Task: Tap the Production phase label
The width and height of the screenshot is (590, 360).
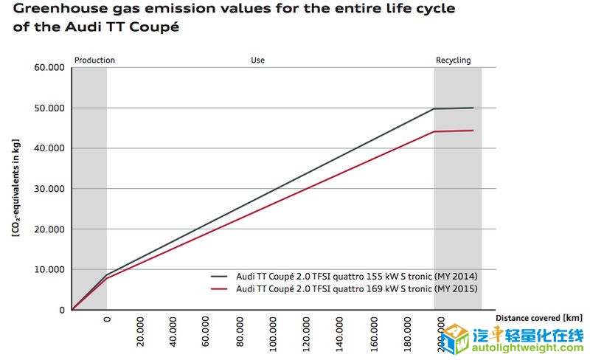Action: (94, 60)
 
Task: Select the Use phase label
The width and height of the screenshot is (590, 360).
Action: (257, 60)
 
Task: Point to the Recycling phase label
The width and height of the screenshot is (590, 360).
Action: (453, 60)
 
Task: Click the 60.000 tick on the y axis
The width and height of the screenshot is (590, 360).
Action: (50, 68)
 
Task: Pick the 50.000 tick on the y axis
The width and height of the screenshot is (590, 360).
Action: (50, 108)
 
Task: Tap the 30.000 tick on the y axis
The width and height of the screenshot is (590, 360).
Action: (50, 189)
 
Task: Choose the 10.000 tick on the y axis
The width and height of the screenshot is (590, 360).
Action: (50, 270)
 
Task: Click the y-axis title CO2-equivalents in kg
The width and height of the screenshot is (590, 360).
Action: (15, 188)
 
